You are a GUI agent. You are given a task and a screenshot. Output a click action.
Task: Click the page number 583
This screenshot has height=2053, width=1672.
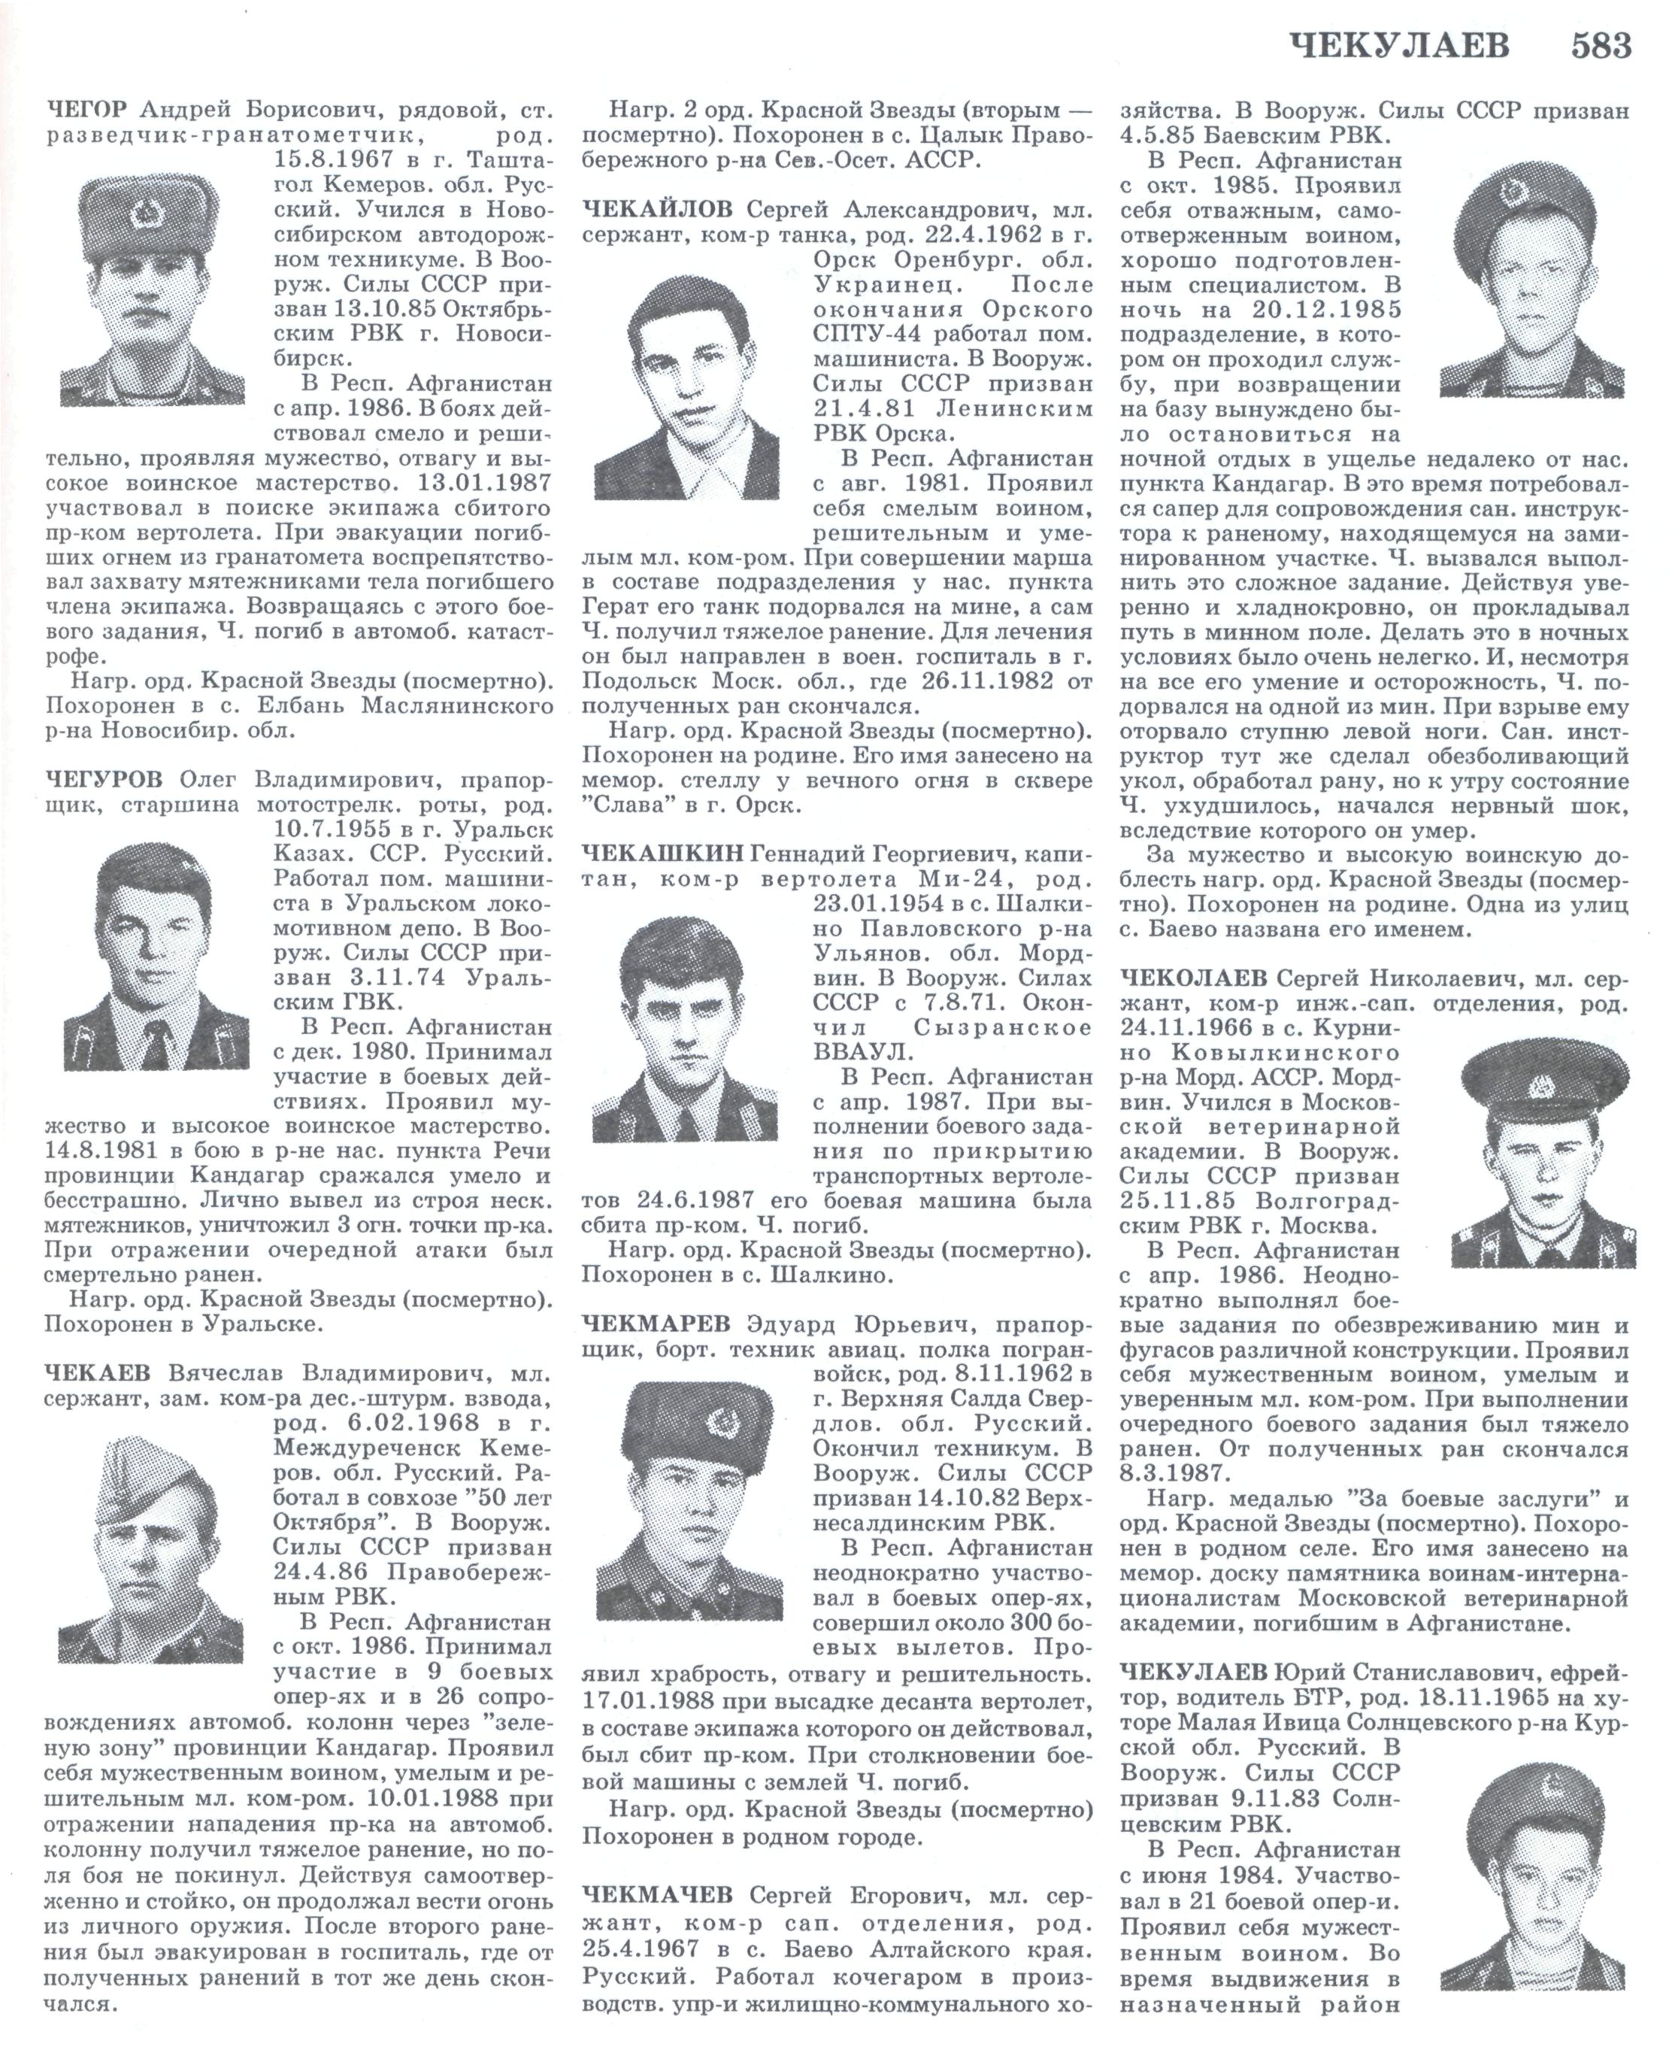point(1600,45)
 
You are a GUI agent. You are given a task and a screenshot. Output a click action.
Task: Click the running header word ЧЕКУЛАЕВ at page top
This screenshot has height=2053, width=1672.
point(1398,45)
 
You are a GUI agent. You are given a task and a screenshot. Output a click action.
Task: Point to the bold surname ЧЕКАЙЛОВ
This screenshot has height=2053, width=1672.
point(658,209)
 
